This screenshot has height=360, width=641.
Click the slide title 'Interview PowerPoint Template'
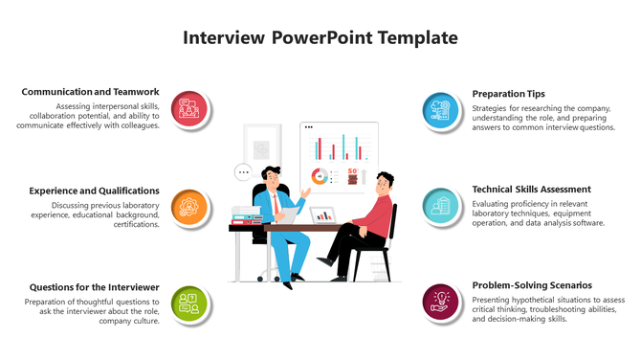[x=320, y=38]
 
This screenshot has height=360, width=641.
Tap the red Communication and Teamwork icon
[x=188, y=110]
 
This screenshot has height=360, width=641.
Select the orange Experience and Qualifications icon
[x=188, y=207]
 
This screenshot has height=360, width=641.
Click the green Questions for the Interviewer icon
[x=188, y=304]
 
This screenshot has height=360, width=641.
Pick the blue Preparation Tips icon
[x=441, y=110]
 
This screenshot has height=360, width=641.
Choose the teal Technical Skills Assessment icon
[x=441, y=206]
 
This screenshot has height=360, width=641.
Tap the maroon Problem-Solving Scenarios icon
[x=441, y=303]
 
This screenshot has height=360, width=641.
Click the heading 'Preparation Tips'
[x=508, y=94]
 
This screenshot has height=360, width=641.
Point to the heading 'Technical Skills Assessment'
[x=531, y=190]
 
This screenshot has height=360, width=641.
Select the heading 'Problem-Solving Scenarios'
[x=531, y=285]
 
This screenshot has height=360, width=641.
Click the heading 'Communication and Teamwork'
[x=90, y=92]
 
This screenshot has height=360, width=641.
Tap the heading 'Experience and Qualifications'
[x=94, y=191]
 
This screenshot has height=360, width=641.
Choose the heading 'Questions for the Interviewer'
[x=94, y=287]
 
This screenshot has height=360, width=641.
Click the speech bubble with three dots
[x=243, y=173]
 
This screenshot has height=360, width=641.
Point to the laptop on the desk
[x=322, y=215]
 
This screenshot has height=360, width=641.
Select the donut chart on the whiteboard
[x=320, y=176]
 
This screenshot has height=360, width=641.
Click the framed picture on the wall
[x=261, y=149]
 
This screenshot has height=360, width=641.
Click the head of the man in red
[x=384, y=181]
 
